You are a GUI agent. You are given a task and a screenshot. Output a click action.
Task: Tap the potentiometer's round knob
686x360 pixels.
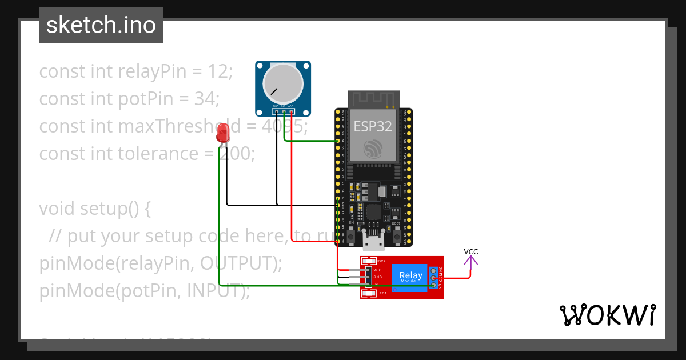pyautogui.click(x=282, y=83)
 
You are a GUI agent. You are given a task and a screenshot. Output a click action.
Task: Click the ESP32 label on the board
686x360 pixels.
pyautogui.click(x=373, y=126)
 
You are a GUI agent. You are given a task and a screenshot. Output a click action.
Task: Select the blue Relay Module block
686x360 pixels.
pyautogui.click(x=411, y=277)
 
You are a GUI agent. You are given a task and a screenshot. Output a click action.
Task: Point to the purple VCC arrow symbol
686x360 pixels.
pyautogui.click(x=470, y=262)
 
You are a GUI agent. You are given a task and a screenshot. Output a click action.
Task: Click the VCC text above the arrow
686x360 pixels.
pyautogui.click(x=471, y=251)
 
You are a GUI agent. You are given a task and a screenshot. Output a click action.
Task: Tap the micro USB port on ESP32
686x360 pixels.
pyautogui.click(x=374, y=242)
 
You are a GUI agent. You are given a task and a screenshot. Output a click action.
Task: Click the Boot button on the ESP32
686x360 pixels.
pyautogui.click(x=397, y=235)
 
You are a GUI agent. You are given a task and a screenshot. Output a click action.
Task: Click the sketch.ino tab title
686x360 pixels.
pyautogui.click(x=101, y=25)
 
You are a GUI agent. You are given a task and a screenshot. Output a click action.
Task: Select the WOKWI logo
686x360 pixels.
pyautogui.click(x=607, y=315)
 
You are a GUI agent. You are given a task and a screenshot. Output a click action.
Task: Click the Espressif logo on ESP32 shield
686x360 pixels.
pyautogui.click(x=373, y=149)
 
